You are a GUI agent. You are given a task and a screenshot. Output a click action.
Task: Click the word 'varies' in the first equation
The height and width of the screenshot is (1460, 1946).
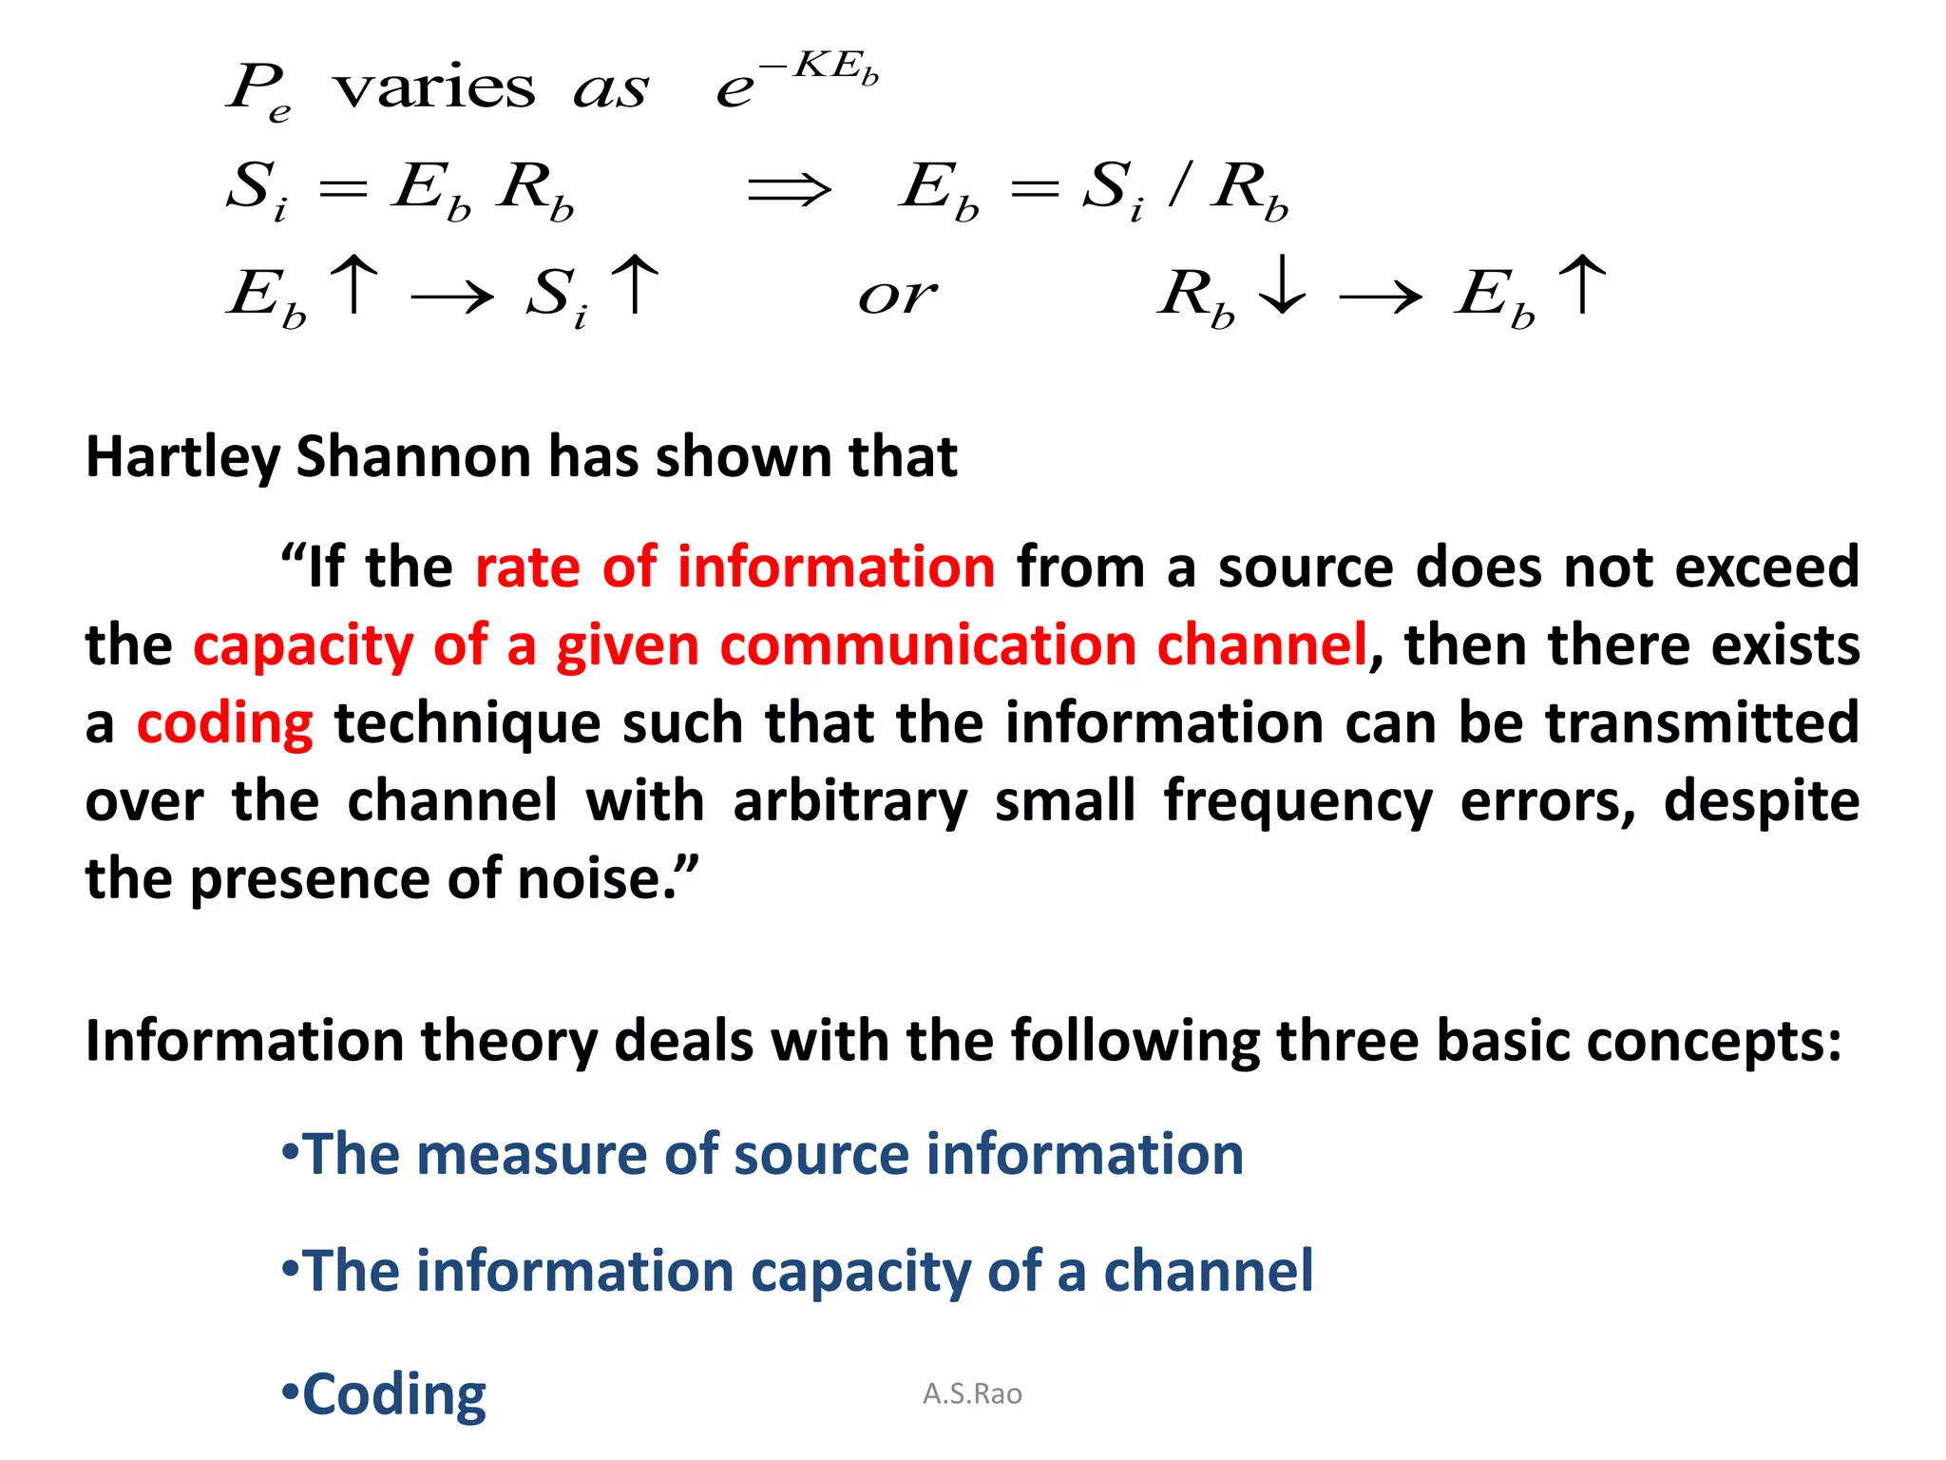pos(434,88)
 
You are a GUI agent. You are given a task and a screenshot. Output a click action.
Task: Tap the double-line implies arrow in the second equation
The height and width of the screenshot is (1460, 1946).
pos(789,189)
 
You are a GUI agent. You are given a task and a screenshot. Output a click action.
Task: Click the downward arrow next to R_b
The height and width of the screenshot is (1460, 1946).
pos(1282,284)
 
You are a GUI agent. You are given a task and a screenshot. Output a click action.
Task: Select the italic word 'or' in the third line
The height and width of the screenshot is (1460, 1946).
pos(897,296)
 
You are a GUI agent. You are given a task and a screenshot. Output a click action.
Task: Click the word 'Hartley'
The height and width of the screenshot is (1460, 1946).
pos(182,458)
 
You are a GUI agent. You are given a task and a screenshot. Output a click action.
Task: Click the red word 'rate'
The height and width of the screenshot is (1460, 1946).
pos(527,567)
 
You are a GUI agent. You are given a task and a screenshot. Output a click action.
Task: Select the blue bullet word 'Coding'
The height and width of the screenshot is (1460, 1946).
pos(393,1394)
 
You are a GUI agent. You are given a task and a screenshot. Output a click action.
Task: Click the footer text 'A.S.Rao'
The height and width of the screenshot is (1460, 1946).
pos(972,1394)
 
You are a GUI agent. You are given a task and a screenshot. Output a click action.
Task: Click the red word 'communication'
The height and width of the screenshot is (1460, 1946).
pos(927,645)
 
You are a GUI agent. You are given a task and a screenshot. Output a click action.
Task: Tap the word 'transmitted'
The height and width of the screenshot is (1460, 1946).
pos(1702,723)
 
